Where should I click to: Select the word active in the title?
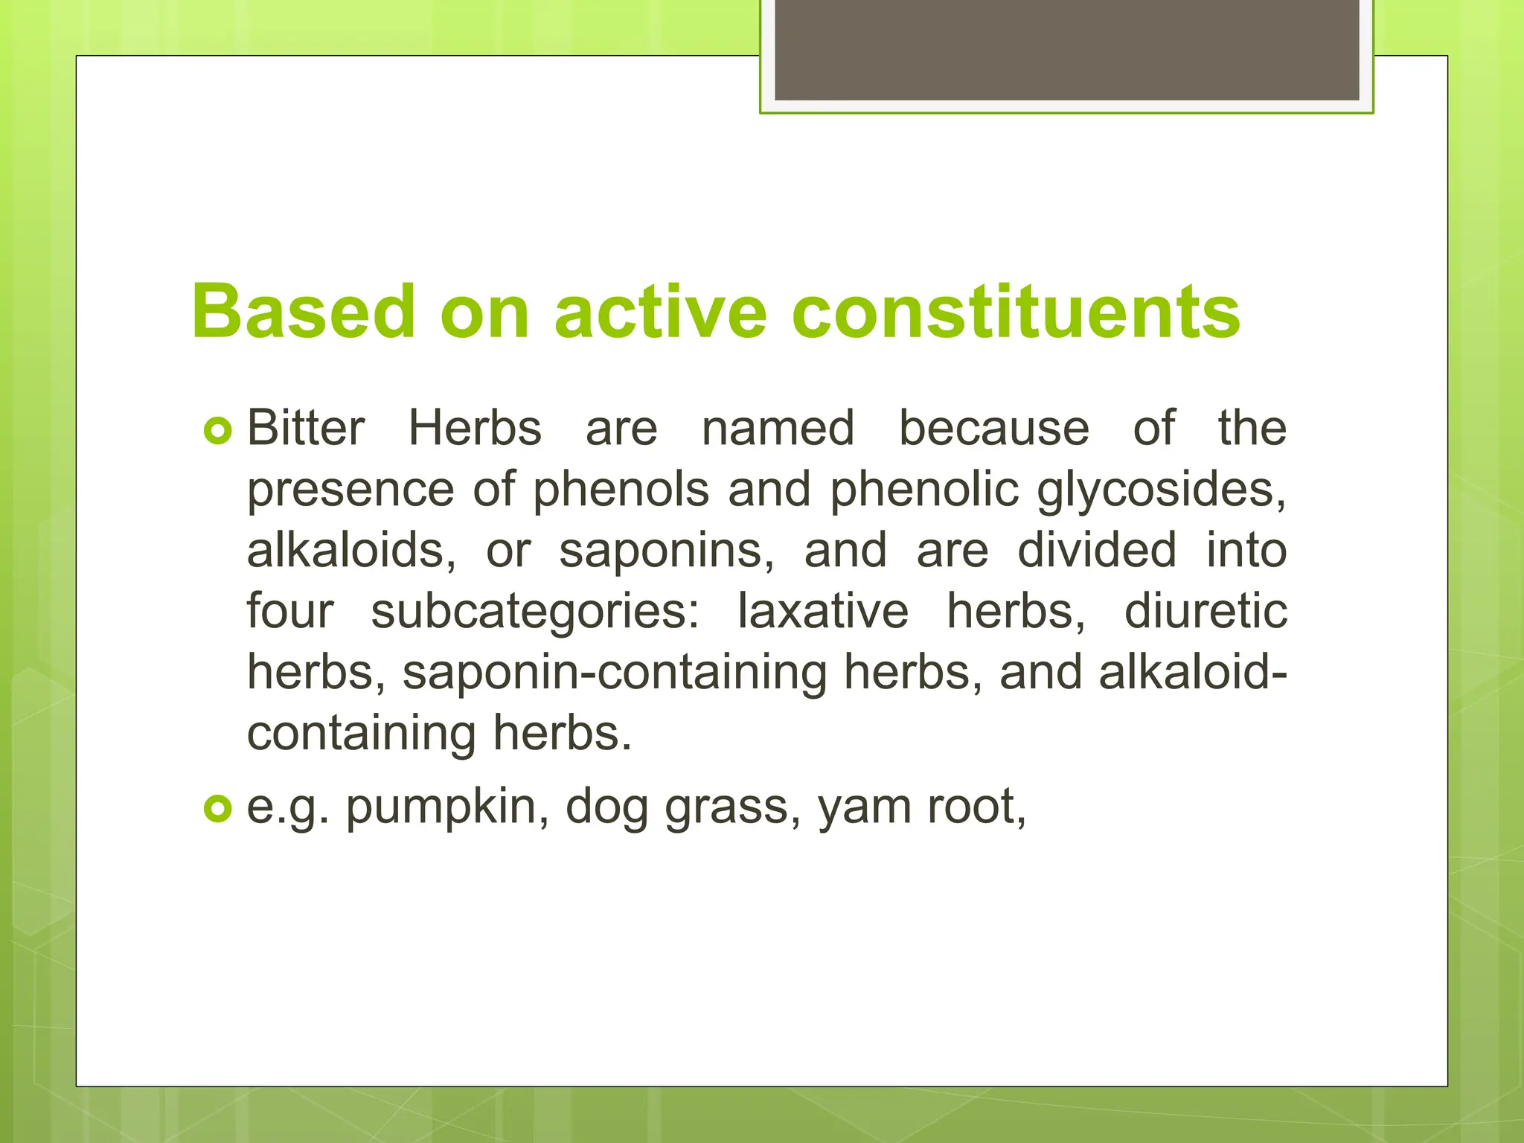660,313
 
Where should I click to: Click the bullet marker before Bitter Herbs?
217,430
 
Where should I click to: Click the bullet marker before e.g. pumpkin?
217,808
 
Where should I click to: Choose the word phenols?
621,490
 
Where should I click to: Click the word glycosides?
1162,491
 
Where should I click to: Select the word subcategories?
535,612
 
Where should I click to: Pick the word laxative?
823,612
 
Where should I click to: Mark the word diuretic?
1206,612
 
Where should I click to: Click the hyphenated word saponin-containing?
615,673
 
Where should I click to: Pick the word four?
290,612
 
